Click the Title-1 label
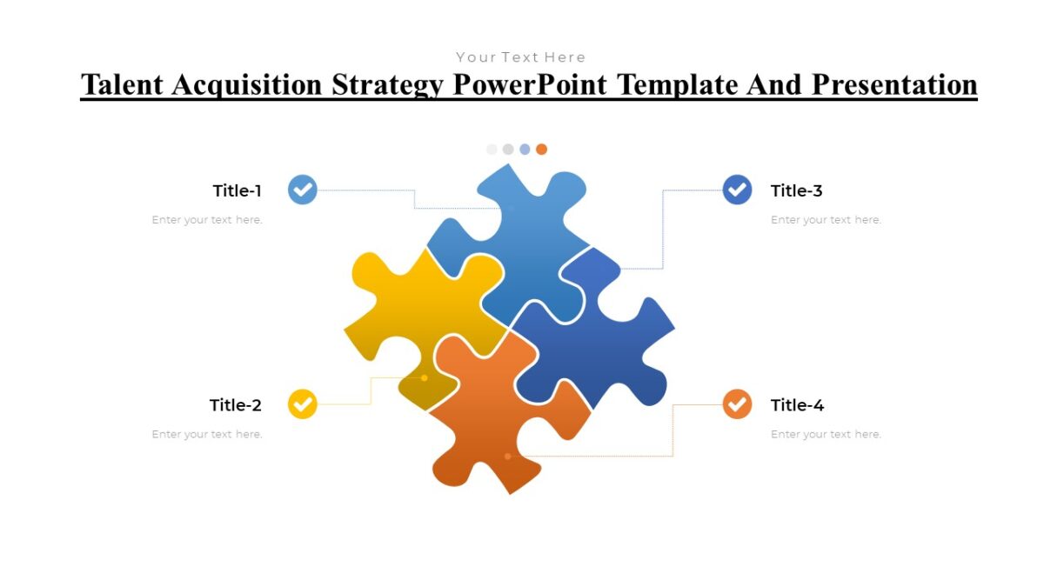[x=237, y=190]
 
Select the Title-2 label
[x=235, y=405]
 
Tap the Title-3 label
[x=796, y=190]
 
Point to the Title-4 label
[x=797, y=405]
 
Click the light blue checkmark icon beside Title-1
[x=302, y=190]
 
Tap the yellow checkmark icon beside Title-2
[x=302, y=404]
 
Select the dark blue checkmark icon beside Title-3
[x=737, y=190]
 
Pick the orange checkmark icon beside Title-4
[x=737, y=404]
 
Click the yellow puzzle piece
[x=418, y=313]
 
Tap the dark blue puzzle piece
[x=600, y=339]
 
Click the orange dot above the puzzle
[x=541, y=150]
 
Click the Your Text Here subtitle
[x=520, y=57]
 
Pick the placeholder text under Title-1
[x=207, y=220]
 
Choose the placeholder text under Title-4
[x=826, y=434]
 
